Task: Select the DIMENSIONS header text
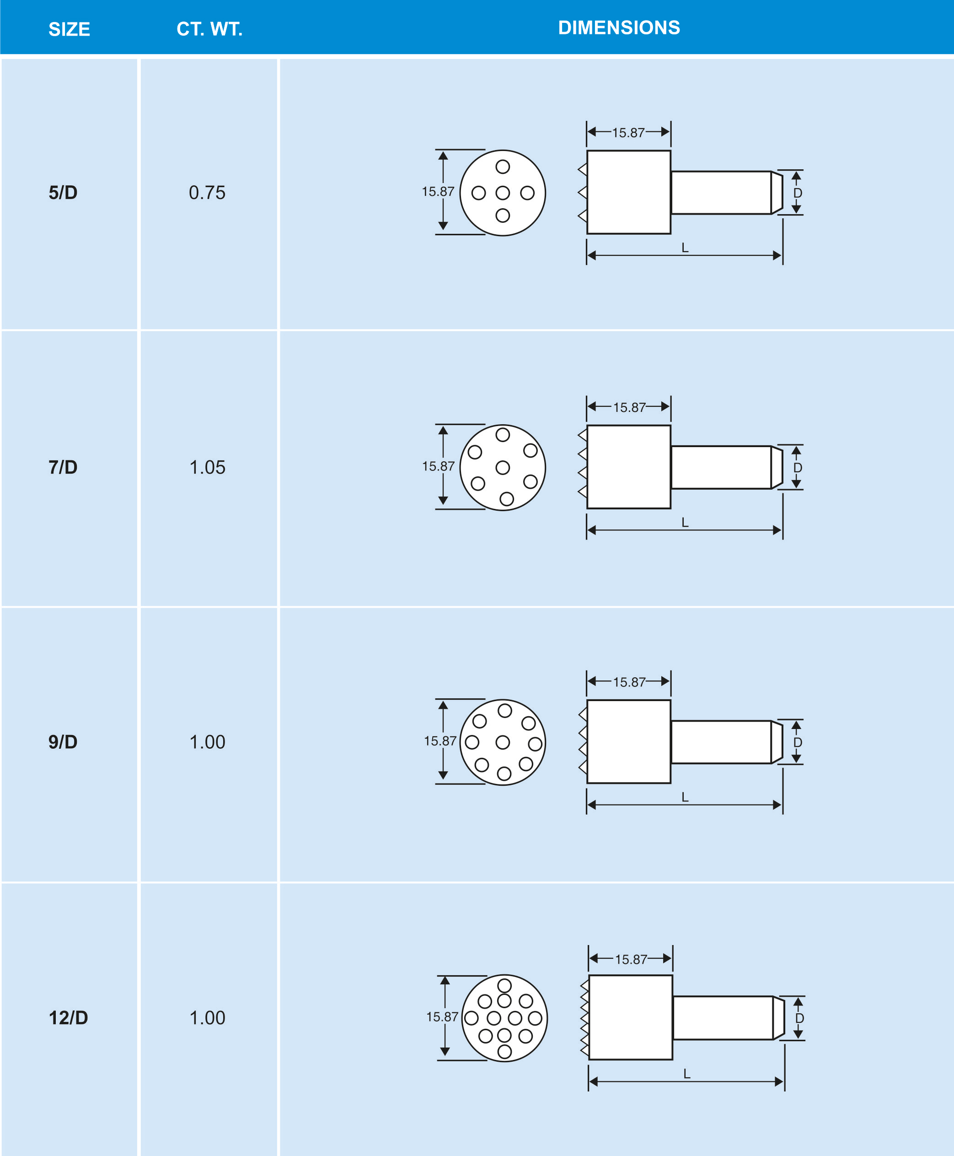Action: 619,27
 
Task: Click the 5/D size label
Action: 63,193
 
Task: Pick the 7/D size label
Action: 63,467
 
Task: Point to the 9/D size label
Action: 63,742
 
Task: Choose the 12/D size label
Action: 68,1017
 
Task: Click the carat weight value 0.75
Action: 207,193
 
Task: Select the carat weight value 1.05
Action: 207,467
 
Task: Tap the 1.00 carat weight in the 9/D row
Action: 207,742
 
